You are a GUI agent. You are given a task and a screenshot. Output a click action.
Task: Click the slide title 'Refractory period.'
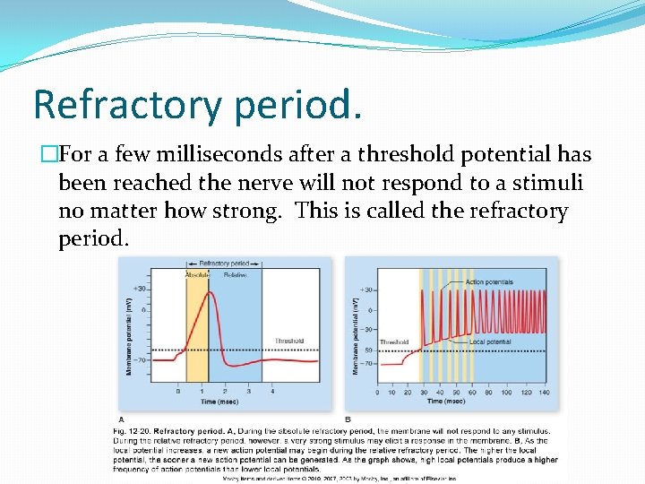click(198, 105)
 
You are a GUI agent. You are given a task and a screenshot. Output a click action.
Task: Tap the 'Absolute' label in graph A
click(197, 275)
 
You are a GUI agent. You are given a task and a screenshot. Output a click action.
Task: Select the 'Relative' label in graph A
click(234, 275)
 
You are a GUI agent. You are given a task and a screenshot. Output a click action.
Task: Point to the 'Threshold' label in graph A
click(289, 341)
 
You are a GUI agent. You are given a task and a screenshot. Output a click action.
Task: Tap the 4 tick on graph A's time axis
click(272, 392)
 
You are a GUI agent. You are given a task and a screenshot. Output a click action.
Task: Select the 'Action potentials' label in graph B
click(490, 282)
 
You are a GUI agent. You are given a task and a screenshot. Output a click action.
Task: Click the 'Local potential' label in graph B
click(491, 342)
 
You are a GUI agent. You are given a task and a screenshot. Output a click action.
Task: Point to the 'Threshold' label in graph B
click(394, 342)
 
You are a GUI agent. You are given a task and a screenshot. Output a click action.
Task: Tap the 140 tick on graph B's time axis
click(543, 392)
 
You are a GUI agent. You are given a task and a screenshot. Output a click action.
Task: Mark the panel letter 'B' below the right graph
click(348, 419)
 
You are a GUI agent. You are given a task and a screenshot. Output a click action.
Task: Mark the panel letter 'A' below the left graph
click(122, 419)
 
